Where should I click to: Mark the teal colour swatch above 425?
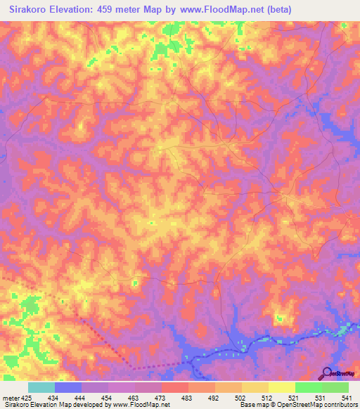point(41,387)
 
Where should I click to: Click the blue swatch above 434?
point(68,387)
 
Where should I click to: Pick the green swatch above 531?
point(309,387)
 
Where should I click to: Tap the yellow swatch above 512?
point(255,387)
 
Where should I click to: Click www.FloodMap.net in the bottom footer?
point(130,404)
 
